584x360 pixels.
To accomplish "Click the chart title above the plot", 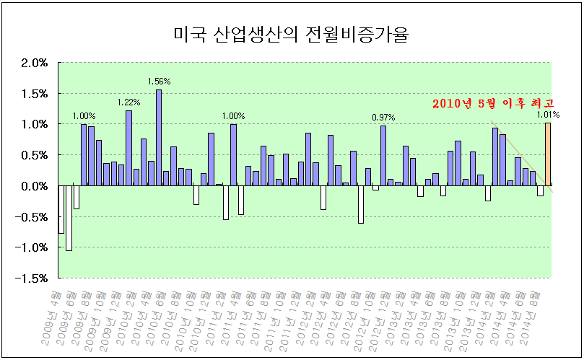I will point(291,34).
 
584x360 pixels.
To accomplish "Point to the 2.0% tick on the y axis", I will point(34,63).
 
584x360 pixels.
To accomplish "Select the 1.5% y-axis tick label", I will point(34,94).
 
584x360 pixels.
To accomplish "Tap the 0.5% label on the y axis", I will point(34,155).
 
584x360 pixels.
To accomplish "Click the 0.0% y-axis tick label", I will point(34,186).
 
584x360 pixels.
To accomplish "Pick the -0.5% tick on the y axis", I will point(32,217).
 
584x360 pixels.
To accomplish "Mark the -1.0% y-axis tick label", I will point(32,247).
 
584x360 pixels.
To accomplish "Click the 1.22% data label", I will point(128,103).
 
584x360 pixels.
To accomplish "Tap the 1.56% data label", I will point(159,82).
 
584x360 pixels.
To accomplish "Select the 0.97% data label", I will point(383,118).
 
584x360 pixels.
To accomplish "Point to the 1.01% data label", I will point(548,115).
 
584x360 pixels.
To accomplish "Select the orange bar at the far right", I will point(548,154).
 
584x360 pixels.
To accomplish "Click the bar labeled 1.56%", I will point(159,137).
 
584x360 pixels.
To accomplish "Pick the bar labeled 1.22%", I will point(128,148).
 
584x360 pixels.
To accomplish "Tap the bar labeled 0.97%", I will point(383,155).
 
